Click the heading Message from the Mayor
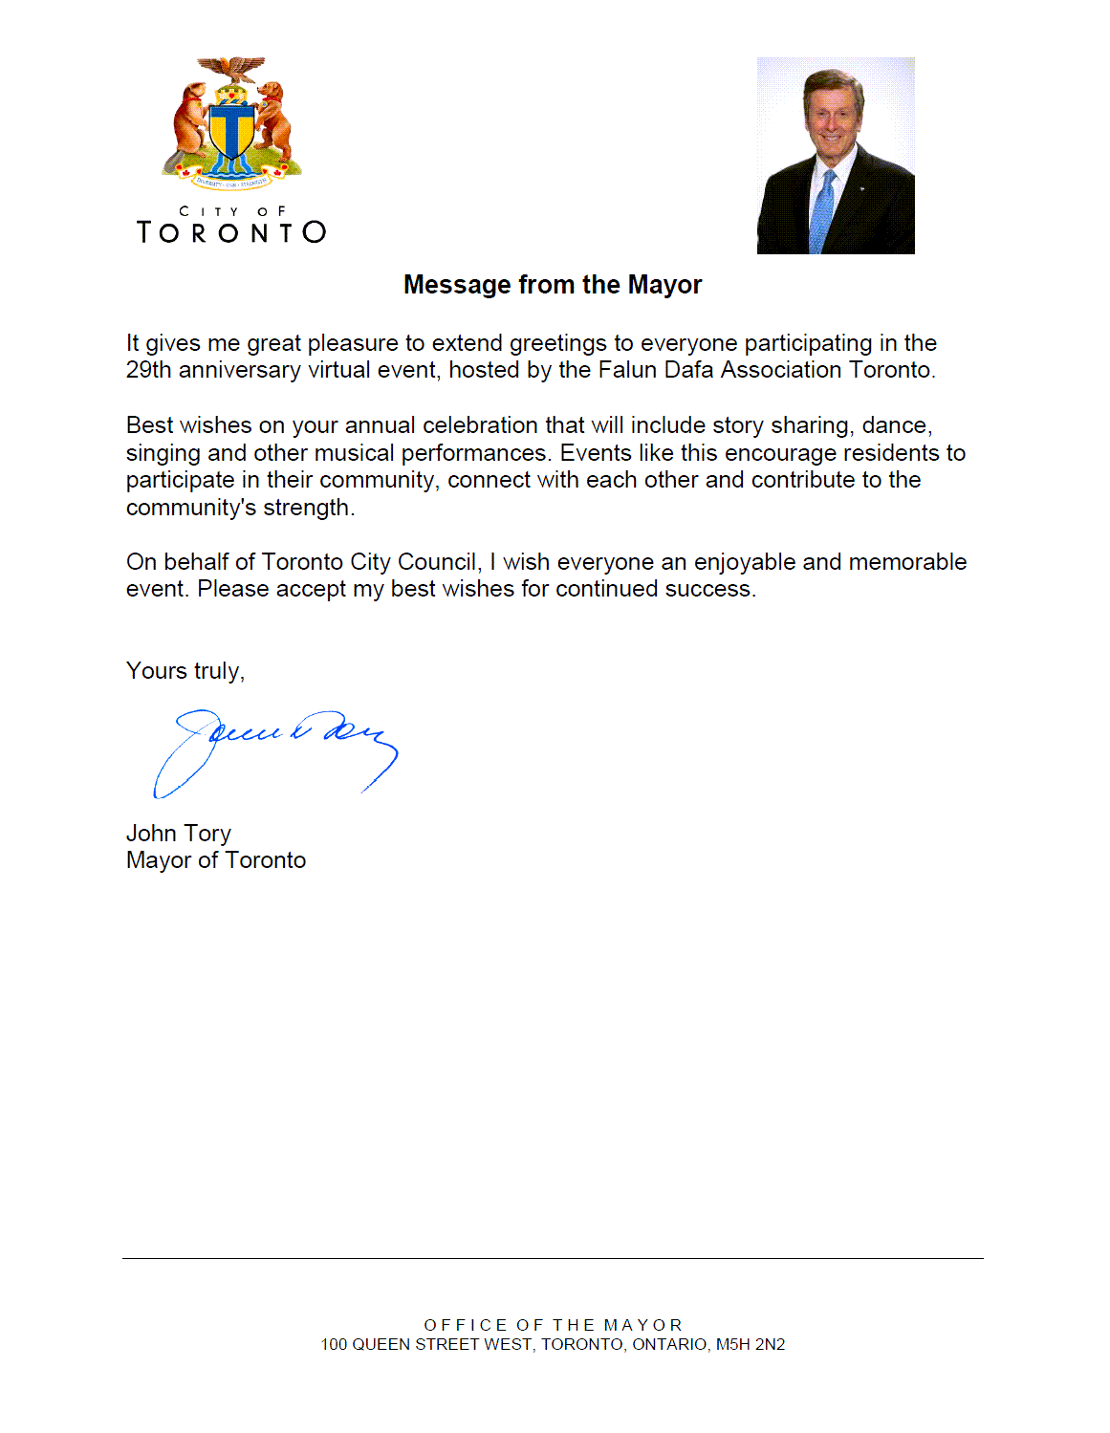553,285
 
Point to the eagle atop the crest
231,69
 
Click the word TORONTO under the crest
231,232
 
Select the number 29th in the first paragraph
148,370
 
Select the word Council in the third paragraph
437,562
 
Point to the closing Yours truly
185,671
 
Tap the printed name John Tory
179,834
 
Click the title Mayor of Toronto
216,860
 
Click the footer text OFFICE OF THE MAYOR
553,1325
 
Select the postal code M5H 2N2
751,1344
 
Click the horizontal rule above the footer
553,1258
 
